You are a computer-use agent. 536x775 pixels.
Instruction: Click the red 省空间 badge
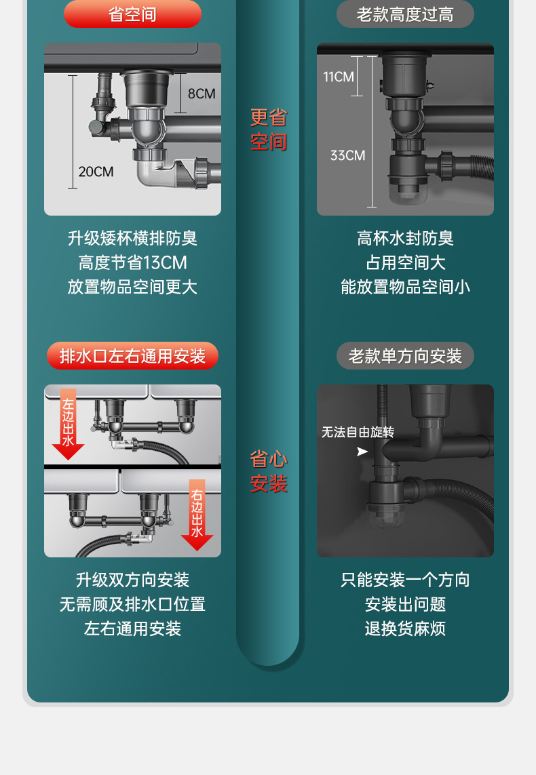point(132,14)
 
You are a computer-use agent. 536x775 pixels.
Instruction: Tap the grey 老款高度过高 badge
point(405,14)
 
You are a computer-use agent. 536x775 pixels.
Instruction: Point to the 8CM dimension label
point(202,94)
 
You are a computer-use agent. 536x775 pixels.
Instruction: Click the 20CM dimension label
point(96,172)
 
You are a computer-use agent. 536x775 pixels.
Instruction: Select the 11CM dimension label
point(339,77)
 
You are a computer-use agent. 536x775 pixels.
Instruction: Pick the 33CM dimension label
point(347,155)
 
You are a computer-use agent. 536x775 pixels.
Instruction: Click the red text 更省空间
point(269,130)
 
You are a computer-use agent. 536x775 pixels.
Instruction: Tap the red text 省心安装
point(269,471)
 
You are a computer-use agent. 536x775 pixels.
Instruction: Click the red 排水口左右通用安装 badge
point(132,356)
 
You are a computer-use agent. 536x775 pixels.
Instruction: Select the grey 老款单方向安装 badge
point(405,356)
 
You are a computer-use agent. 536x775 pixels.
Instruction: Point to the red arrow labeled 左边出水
point(68,424)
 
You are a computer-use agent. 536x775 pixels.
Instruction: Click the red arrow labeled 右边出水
point(197,515)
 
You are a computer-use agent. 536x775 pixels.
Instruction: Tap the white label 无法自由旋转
point(358,432)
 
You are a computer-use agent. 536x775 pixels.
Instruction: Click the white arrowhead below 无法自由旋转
point(362,452)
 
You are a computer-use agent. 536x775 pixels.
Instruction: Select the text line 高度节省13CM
point(132,262)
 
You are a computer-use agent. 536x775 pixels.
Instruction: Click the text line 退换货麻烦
point(405,629)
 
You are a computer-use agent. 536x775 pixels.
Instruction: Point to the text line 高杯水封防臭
point(405,238)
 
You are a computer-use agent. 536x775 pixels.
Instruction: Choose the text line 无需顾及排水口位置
point(132,604)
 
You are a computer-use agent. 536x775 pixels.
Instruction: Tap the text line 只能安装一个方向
point(405,580)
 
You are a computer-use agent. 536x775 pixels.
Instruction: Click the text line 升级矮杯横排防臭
point(132,238)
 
